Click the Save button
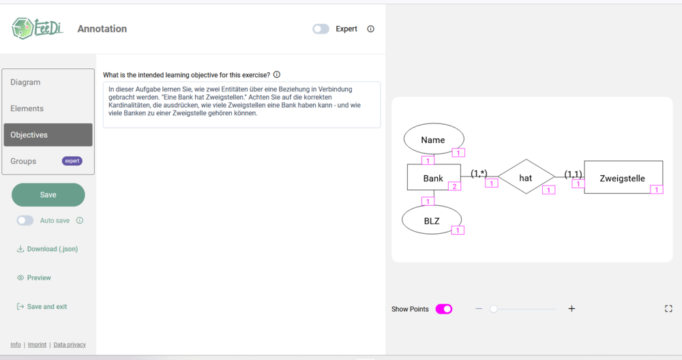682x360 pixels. pos(48,195)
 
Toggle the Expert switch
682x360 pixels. pos(321,29)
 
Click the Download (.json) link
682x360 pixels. pos(48,249)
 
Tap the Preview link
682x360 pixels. pos(34,277)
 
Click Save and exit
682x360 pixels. pos(42,307)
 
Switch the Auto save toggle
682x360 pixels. pos(25,220)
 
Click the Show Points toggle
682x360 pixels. pos(444,309)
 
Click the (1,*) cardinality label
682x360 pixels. pos(479,173)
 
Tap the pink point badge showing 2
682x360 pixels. pos(454,187)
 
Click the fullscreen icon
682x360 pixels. pos(668,309)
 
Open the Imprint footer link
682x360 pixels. pos(37,345)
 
